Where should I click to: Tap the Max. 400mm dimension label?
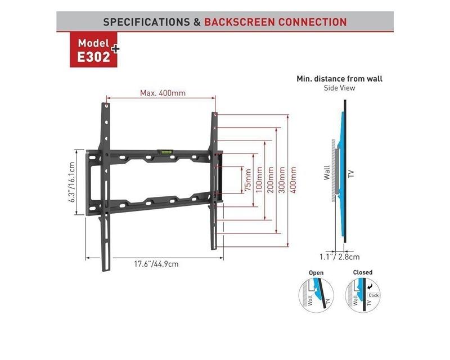163,93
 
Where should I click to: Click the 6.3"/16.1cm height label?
71,183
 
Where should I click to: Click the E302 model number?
93,57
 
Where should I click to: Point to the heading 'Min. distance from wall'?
343,79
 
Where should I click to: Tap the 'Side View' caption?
340,88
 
